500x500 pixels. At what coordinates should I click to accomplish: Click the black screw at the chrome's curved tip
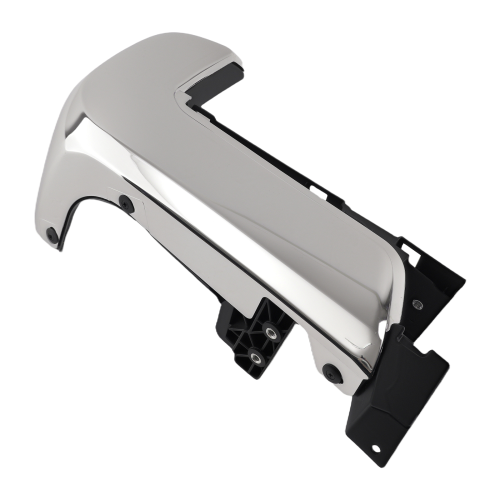point(51,235)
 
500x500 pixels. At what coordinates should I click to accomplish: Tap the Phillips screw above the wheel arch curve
point(126,203)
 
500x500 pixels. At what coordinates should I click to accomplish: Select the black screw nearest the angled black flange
point(331,372)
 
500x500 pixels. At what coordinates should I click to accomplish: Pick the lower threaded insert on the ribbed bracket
point(256,357)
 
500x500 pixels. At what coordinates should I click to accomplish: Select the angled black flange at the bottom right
point(395,395)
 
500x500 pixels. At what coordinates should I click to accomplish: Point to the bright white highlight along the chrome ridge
point(200,200)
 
